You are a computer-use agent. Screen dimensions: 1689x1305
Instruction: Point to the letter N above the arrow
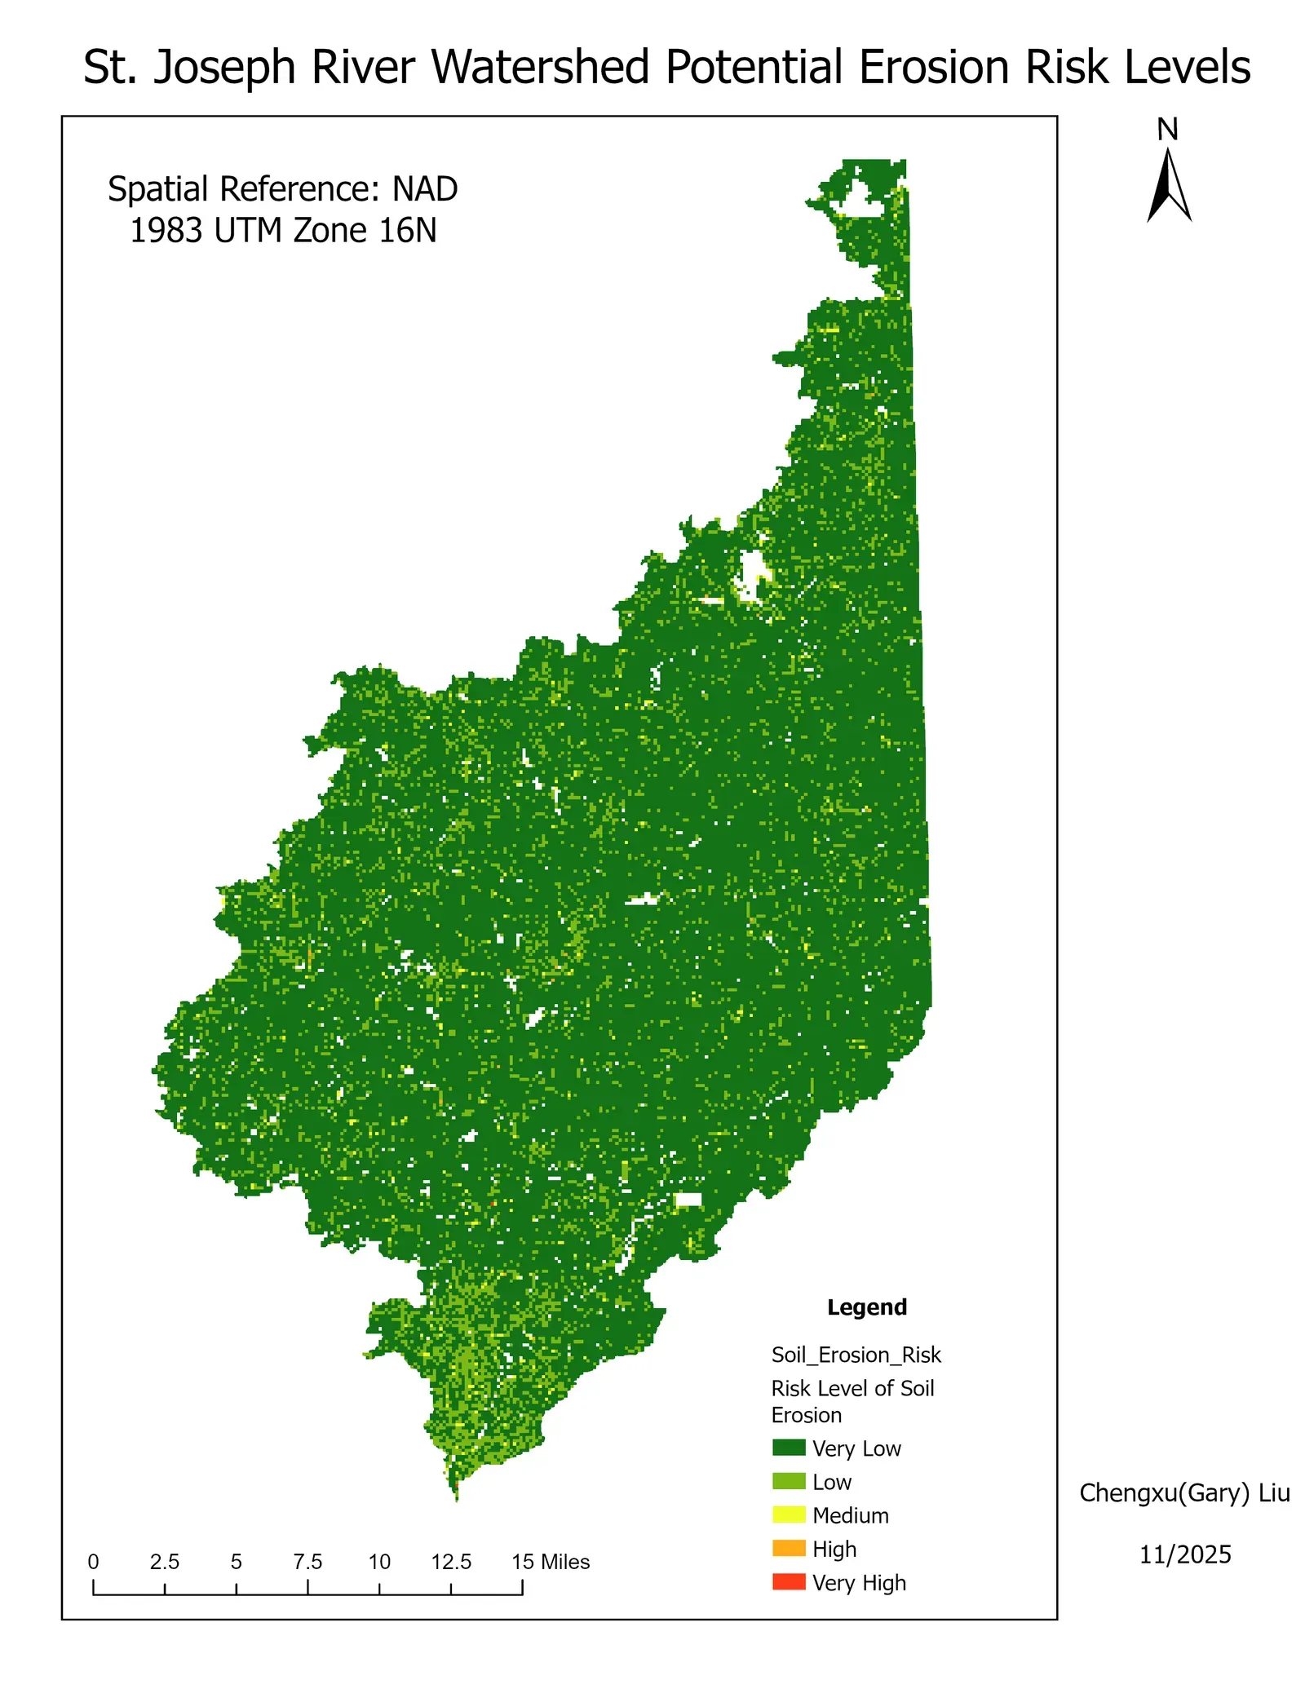(x=1167, y=130)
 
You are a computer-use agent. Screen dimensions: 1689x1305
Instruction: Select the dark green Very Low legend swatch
(x=788, y=1448)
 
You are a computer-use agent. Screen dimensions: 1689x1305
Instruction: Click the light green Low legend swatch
(x=788, y=1481)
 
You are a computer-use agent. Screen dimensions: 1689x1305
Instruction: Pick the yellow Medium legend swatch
(x=788, y=1514)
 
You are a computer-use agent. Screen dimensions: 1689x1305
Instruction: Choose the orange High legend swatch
(x=788, y=1548)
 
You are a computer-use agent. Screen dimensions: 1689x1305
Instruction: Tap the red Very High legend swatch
(x=788, y=1581)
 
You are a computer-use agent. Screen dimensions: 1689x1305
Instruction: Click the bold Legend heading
(x=866, y=1307)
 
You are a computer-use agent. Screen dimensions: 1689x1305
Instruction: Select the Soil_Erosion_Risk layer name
(x=856, y=1355)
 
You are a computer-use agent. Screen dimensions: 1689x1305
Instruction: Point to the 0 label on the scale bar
(x=94, y=1562)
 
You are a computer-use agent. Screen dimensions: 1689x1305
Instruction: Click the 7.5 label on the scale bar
(x=307, y=1562)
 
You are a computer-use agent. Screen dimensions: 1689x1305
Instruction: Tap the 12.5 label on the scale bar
(x=451, y=1562)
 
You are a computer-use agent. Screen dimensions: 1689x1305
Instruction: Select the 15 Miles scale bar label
(x=551, y=1562)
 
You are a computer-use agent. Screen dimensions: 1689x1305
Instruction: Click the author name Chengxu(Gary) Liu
(x=1184, y=1493)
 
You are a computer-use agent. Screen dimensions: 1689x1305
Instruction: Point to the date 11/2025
(x=1184, y=1554)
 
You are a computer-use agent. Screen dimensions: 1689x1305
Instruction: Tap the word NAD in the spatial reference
(x=425, y=189)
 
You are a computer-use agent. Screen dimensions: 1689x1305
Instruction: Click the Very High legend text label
(x=859, y=1582)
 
